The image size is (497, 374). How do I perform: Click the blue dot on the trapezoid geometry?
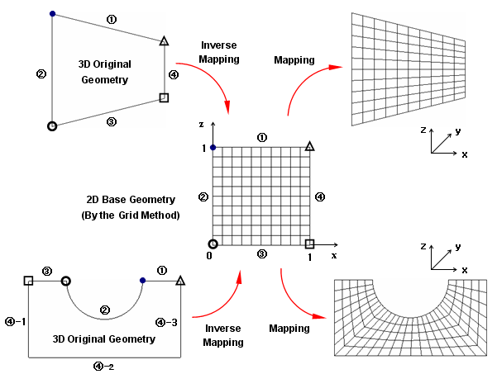tap(53, 14)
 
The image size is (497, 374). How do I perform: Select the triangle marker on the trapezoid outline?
tap(164, 40)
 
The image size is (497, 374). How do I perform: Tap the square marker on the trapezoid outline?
tap(164, 97)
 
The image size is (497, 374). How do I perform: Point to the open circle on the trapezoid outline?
tap(53, 126)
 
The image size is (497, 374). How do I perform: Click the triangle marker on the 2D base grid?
tap(309, 146)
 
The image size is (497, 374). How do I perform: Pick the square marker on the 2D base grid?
tap(309, 244)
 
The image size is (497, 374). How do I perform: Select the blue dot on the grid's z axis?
tap(213, 147)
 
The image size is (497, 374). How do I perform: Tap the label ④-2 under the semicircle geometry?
tap(105, 367)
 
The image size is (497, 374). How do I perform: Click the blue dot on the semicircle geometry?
tap(143, 281)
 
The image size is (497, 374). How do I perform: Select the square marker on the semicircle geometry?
tap(29, 281)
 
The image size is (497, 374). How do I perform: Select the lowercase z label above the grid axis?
tap(201, 124)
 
